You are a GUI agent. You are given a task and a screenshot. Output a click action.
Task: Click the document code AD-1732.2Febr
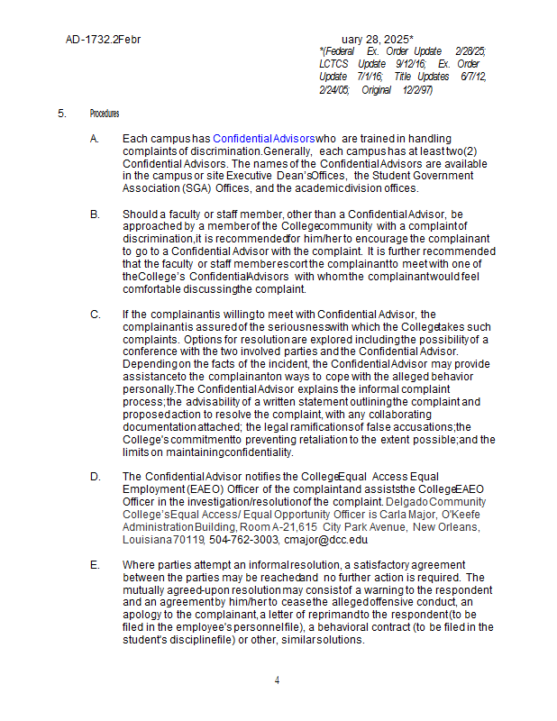[x=103, y=40]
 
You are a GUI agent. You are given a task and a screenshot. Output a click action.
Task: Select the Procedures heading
[x=105, y=114]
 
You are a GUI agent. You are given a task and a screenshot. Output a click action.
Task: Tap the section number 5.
[x=62, y=114]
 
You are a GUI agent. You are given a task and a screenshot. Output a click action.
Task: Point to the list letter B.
[x=95, y=214]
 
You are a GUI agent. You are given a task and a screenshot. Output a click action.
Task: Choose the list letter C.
[x=95, y=314]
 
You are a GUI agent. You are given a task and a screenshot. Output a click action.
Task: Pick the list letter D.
[x=95, y=477]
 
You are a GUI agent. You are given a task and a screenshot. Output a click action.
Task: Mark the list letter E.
[x=95, y=565]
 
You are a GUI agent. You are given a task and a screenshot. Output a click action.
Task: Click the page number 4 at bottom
[x=278, y=680]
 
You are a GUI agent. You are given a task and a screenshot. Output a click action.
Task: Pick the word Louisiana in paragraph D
[x=147, y=540]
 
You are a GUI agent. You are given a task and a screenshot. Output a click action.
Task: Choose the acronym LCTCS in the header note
[x=333, y=65]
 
